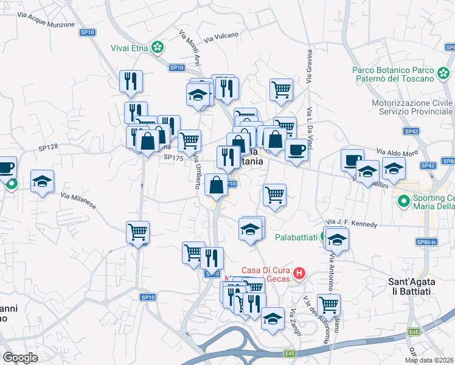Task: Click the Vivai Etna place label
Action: pyautogui.click(x=130, y=47)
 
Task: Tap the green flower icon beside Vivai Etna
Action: pyautogui.click(x=158, y=47)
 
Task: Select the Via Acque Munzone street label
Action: pyautogui.click(x=46, y=19)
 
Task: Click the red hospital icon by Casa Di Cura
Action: pyautogui.click(x=299, y=274)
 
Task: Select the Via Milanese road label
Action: pyautogui.click(x=78, y=201)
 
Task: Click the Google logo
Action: pyautogui.click(x=20, y=358)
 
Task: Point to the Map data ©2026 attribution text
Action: pyautogui.click(x=429, y=360)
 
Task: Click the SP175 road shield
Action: pyautogui.click(x=173, y=157)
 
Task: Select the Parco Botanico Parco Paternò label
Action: pyautogui.click(x=401, y=74)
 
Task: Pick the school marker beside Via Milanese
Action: pyautogui.click(x=43, y=182)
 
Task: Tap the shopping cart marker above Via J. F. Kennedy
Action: pyautogui.click(x=274, y=196)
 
